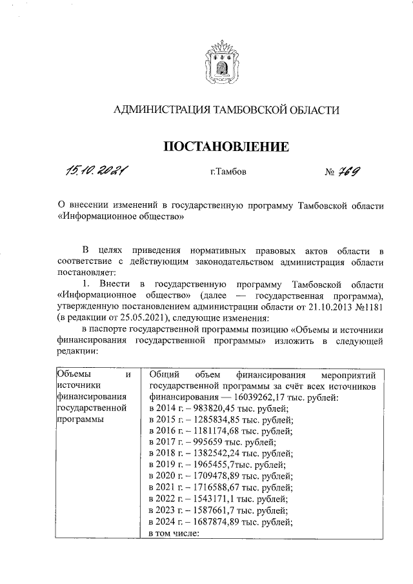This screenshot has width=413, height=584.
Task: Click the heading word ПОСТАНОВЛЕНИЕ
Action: pyautogui.click(x=225, y=148)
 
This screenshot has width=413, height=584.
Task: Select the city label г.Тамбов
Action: pyautogui.click(x=227, y=172)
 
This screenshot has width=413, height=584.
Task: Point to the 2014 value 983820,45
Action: pyautogui.click(x=219, y=410)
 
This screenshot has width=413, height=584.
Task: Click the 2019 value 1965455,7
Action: pyautogui.click(x=218, y=465)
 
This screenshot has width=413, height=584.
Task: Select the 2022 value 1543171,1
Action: pyautogui.click(x=218, y=498)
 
